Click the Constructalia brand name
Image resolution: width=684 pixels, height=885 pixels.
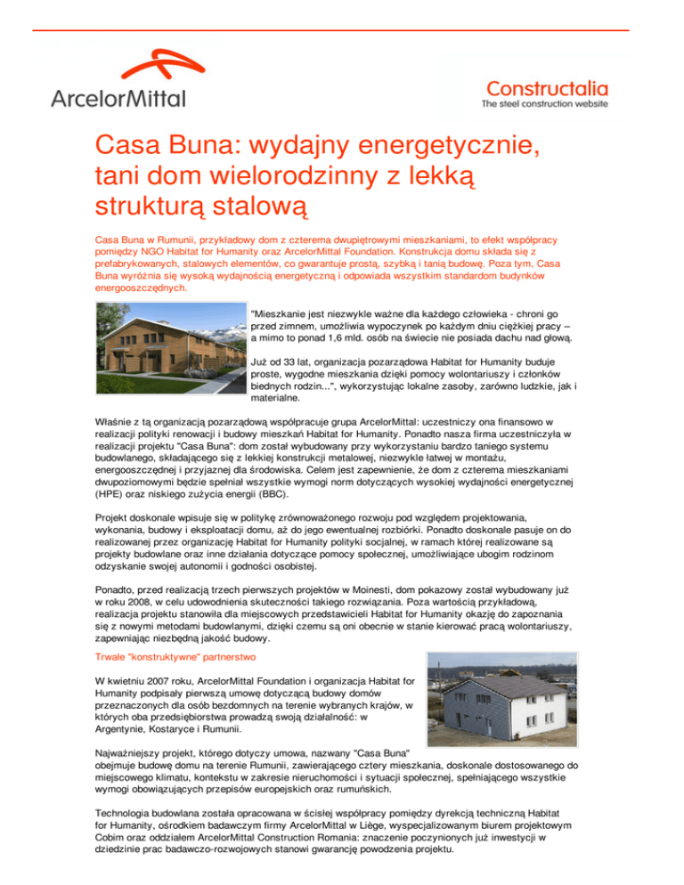click(546, 87)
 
